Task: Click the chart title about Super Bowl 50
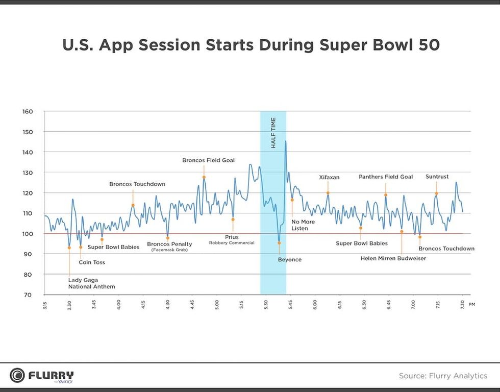pyautogui.click(x=251, y=44)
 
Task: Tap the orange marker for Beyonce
pyautogui.click(x=279, y=243)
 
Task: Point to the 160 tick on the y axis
pyautogui.click(x=28, y=111)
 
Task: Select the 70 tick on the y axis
pyautogui.click(x=28, y=295)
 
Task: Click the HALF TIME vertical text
pyautogui.click(x=273, y=133)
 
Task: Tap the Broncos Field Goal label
pyautogui.click(x=208, y=160)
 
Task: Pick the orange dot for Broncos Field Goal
pyautogui.click(x=204, y=178)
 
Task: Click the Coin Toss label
pyautogui.click(x=92, y=262)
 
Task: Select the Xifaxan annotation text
pyautogui.click(x=329, y=177)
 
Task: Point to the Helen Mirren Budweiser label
pyautogui.click(x=393, y=258)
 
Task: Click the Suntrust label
pyautogui.click(x=437, y=177)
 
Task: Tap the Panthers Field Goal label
pyautogui.click(x=386, y=177)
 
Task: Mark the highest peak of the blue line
pyautogui.click(x=285, y=141)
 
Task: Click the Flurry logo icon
pyautogui.click(x=17, y=375)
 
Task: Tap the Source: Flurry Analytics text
pyautogui.click(x=443, y=376)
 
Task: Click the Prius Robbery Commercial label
pyautogui.click(x=232, y=239)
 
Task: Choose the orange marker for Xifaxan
pyautogui.click(x=328, y=193)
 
